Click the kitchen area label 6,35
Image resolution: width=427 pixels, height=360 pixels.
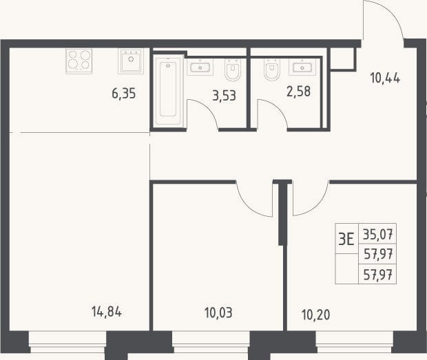(x=124, y=94)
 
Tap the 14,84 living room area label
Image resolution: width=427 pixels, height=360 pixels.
(x=107, y=312)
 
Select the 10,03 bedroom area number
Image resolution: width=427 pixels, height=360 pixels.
(x=218, y=313)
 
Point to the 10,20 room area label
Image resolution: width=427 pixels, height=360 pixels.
(x=316, y=315)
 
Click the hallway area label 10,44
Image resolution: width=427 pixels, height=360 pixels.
(x=385, y=78)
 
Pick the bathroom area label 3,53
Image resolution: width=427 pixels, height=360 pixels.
(x=224, y=96)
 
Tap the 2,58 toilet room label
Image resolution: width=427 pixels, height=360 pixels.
(x=298, y=92)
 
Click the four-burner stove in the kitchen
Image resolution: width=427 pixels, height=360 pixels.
(x=79, y=61)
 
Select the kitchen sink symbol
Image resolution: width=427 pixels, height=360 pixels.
(x=131, y=61)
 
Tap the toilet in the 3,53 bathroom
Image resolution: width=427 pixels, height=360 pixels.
(x=233, y=70)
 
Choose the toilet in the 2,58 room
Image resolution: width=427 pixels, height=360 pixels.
(x=272, y=70)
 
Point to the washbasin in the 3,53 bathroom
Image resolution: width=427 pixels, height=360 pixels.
(x=200, y=67)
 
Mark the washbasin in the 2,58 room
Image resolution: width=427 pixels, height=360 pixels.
(x=302, y=67)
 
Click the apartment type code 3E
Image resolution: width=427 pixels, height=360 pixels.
(x=346, y=240)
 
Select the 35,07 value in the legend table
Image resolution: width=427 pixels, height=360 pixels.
(x=377, y=234)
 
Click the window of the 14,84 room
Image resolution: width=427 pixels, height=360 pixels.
(x=67, y=342)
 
